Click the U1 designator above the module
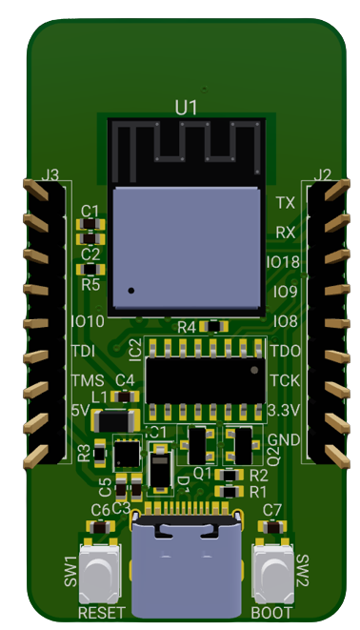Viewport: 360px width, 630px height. tap(187, 108)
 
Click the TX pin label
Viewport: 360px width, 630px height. tap(285, 203)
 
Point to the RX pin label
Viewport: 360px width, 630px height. tap(285, 232)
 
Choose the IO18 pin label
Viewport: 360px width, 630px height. tap(283, 261)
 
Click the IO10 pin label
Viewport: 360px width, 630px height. tap(88, 321)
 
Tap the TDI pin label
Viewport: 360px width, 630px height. tap(83, 352)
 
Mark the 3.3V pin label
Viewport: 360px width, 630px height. tap(285, 410)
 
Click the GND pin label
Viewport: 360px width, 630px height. tap(284, 439)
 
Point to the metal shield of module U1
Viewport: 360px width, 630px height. tap(187, 249)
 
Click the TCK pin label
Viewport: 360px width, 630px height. tap(285, 380)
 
